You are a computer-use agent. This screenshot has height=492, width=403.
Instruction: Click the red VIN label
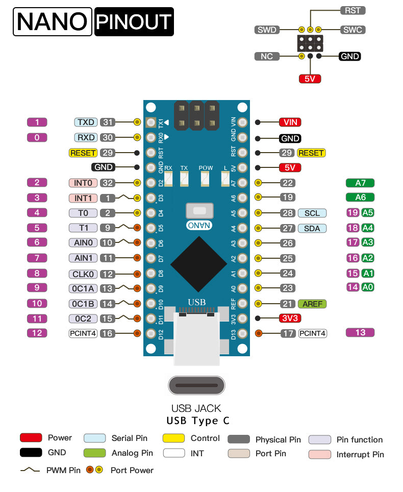[290, 122]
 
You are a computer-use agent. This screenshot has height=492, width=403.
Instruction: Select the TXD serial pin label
[85, 122]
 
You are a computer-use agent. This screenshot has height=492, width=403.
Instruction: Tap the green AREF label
[312, 304]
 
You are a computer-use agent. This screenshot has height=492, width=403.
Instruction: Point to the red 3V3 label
[290, 318]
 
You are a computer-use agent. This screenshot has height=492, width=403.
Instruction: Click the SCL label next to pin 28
[312, 213]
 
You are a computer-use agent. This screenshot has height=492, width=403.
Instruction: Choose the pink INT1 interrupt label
[83, 198]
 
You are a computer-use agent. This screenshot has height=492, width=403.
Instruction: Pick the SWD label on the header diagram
[267, 30]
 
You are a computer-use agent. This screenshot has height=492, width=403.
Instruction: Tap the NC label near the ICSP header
[267, 57]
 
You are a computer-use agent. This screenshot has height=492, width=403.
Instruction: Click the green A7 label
[360, 183]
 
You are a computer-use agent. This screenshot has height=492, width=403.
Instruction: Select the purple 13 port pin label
[360, 333]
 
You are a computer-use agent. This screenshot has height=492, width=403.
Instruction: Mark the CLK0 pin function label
[83, 274]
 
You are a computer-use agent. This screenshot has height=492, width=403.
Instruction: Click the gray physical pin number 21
[288, 304]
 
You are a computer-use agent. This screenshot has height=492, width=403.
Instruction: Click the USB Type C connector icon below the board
[196, 385]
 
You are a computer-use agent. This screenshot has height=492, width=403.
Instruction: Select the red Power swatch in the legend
[31, 438]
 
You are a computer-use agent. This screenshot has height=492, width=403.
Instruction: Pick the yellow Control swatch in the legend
[173, 438]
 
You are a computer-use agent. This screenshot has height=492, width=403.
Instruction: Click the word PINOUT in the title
[134, 22]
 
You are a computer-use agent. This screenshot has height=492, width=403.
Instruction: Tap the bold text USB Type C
[198, 421]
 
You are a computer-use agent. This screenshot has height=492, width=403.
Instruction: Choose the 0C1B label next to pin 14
[83, 304]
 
